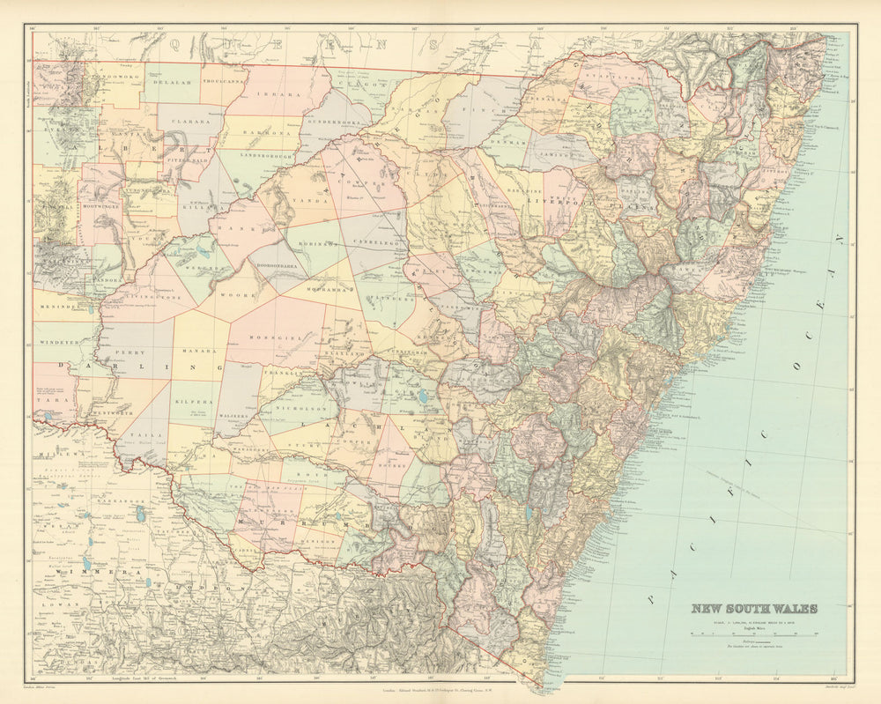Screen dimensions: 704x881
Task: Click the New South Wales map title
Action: click(x=753, y=608)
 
